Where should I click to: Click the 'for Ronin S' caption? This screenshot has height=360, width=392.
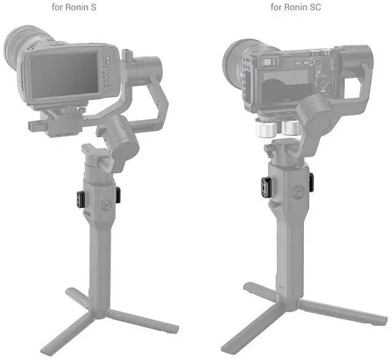coord(73,7)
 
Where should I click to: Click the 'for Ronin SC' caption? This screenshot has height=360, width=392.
coord(295,7)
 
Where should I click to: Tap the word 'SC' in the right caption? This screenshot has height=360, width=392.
coord(315,7)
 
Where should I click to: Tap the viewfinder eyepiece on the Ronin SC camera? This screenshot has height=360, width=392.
coord(269,61)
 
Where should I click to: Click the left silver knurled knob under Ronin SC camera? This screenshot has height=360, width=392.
coord(265,128)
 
